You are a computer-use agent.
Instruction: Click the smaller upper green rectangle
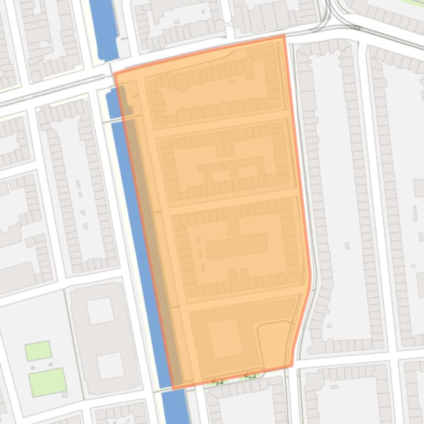(x=38, y=350)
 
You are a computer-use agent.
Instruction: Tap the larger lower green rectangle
(x=47, y=382)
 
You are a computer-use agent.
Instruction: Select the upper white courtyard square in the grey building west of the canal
(x=100, y=311)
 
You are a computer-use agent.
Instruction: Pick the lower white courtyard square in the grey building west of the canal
(x=110, y=366)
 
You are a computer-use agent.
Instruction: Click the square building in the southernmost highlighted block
(x=225, y=338)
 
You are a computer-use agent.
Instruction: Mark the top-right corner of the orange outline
(x=284, y=36)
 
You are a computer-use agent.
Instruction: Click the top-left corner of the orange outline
(x=114, y=73)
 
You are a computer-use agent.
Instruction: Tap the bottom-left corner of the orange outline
(x=173, y=389)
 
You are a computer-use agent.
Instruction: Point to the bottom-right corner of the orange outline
(x=292, y=366)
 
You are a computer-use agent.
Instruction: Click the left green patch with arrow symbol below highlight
(x=218, y=382)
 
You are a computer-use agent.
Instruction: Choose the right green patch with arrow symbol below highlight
(x=250, y=377)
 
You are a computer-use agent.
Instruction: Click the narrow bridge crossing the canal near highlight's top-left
(x=122, y=118)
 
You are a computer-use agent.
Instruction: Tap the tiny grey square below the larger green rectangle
(x=65, y=395)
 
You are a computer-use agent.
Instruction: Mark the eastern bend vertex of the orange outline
(x=310, y=274)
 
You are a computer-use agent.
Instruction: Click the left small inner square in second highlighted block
(x=222, y=176)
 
